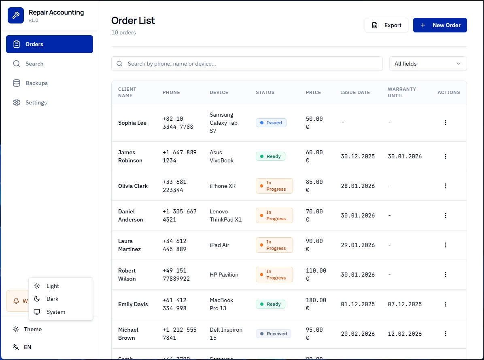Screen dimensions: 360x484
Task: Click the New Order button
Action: [440, 25]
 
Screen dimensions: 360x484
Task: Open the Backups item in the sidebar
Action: [36, 83]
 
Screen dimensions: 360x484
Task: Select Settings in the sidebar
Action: [36, 102]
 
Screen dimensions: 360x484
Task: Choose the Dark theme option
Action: [52, 299]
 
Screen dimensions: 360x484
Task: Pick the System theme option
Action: [55, 312]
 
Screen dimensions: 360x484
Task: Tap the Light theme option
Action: [53, 286]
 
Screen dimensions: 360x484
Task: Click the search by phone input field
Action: [247, 64]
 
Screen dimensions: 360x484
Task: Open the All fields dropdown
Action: [428, 64]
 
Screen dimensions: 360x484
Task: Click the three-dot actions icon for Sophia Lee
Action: [446, 123]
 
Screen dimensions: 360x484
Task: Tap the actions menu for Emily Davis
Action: [446, 304]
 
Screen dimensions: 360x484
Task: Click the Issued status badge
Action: [271, 123]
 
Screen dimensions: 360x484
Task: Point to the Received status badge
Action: [273, 334]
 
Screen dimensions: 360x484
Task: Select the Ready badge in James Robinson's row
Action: [270, 156]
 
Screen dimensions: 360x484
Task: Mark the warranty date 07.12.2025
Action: [405, 304]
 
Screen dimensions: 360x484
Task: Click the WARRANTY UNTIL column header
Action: [402, 92]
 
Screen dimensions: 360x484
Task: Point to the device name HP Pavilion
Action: [224, 275]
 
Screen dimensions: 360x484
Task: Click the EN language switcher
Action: [27, 347]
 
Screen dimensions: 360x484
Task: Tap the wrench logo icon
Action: [16, 16]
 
